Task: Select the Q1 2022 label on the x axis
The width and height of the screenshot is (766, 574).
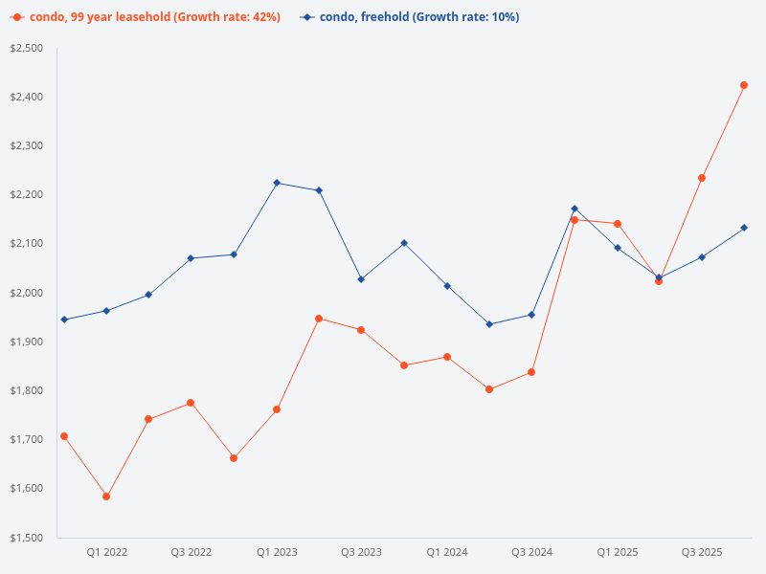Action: coord(106,552)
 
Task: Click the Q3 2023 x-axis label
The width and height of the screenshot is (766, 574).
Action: coord(361,552)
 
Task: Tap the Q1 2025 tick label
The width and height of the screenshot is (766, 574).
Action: coord(618,552)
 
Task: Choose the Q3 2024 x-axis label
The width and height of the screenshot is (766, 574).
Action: coord(531,552)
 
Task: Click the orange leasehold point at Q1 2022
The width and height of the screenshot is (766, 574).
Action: coord(106,497)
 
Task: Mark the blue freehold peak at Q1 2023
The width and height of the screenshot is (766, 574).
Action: coord(277,183)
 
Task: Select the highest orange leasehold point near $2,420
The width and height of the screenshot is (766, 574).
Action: coord(744,85)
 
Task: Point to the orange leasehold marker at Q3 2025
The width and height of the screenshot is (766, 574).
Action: coord(702,178)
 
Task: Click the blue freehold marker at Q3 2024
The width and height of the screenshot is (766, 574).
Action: coord(531,315)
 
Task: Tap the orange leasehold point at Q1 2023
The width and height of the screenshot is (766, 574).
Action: coord(277,409)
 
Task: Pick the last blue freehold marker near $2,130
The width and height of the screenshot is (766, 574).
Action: coord(744,228)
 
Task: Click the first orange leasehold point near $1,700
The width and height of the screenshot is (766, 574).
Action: coord(64,436)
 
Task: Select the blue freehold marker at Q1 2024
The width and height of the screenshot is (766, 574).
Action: coord(447,286)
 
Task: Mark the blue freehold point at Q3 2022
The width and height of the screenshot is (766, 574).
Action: coord(191,258)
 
